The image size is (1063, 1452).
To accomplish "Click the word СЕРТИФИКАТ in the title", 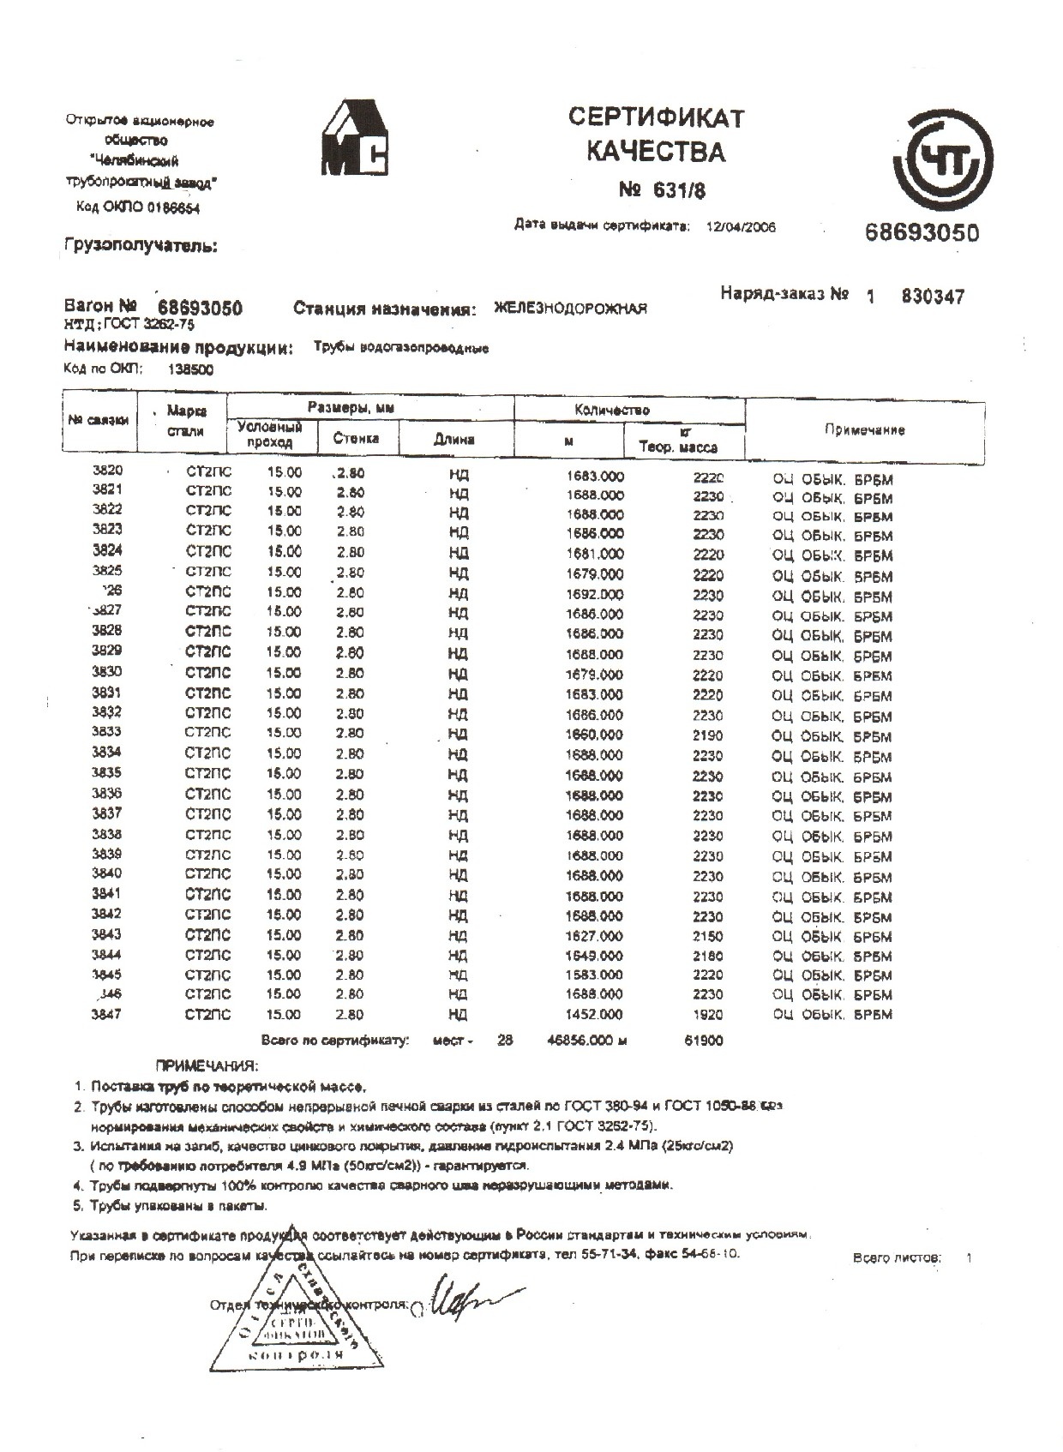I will tap(656, 117).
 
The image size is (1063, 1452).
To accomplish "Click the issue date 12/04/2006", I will tap(740, 227).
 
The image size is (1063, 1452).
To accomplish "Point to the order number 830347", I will tap(933, 297).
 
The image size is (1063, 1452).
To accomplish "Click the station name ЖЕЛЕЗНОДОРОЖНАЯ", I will tap(570, 309).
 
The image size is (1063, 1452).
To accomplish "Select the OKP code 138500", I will tap(191, 369).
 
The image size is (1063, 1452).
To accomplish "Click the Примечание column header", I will tap(864, 429).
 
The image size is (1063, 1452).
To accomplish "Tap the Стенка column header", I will tap(357, 438).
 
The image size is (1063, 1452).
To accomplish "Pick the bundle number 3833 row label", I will tap(106, 732).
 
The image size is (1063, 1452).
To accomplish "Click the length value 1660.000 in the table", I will tap(595, 735).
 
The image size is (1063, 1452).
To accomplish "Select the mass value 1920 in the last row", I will tap(708, 1015).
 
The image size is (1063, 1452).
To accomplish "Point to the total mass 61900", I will tap(706, 1041).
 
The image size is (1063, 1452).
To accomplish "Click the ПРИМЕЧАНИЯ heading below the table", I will tap(206, 1065).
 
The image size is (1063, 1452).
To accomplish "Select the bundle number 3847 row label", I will tap(106, 1014).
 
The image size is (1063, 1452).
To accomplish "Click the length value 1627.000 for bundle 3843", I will tap(595, 936).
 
